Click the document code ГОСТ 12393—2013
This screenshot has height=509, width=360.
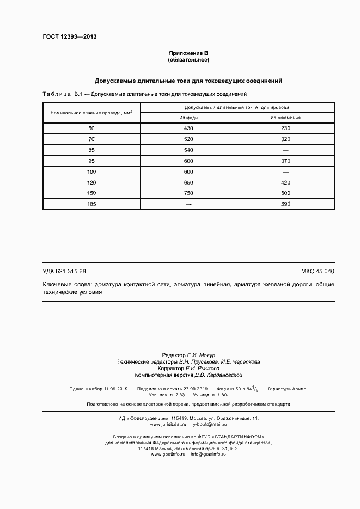[69, 37]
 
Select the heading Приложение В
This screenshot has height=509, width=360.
[188, 53]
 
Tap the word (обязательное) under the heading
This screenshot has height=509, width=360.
[188, 59]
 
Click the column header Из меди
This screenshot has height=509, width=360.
[188, 118]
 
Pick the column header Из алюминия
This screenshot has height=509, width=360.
[285, 118]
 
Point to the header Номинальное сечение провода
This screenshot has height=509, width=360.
[91, 112]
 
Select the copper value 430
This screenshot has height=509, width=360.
[188, 128]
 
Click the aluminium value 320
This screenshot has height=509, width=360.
[285, 139]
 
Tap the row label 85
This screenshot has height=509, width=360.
[91, 150]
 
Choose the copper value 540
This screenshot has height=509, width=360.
[188, 150]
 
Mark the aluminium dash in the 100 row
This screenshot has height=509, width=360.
[285, 171]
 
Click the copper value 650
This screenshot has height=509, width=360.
[188, 182]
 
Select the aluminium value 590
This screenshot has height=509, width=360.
[285, 204]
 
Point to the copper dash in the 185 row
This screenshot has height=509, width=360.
[188, 204]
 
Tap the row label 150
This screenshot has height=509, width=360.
[91, 193]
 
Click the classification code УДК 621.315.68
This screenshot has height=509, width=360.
[64, 271]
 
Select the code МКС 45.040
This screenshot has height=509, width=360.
[318, 271]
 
